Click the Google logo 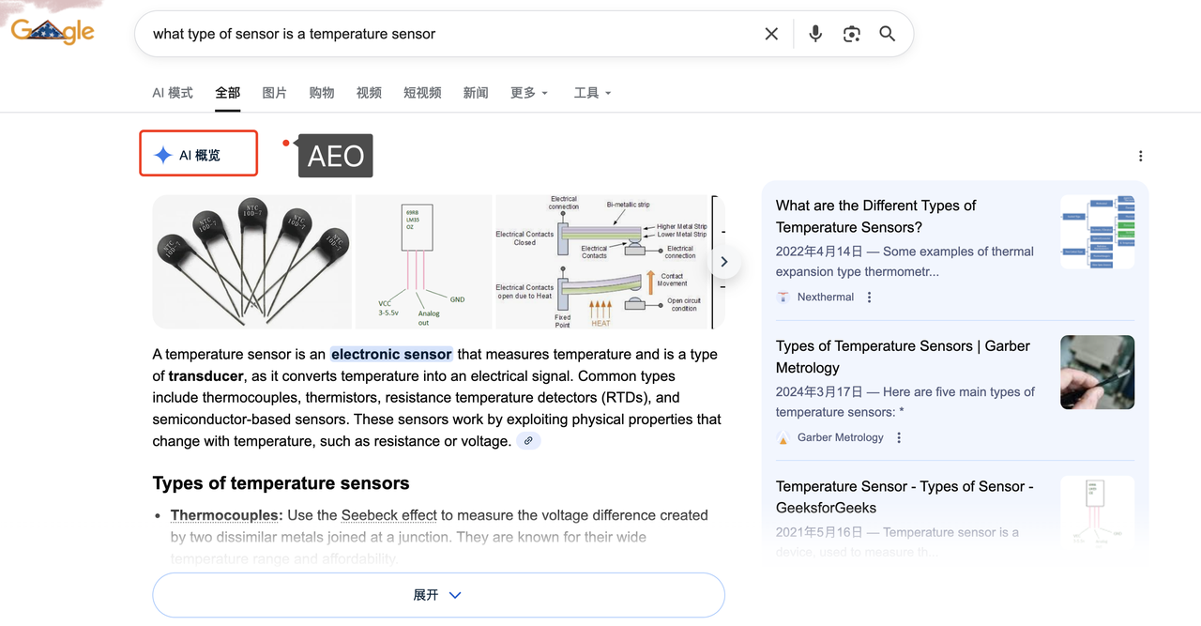53,32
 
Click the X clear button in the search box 771,34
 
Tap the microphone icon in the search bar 815,34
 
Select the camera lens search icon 852,34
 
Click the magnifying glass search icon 887,34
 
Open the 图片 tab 275,93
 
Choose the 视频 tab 369,93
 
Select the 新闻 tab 476,93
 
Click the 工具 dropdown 592,93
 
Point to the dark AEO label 335,156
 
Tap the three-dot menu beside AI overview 1140,157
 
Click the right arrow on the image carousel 723,262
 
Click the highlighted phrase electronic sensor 391,355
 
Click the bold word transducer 205,376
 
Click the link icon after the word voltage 528,441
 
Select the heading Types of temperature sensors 281,483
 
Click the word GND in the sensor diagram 457,300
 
